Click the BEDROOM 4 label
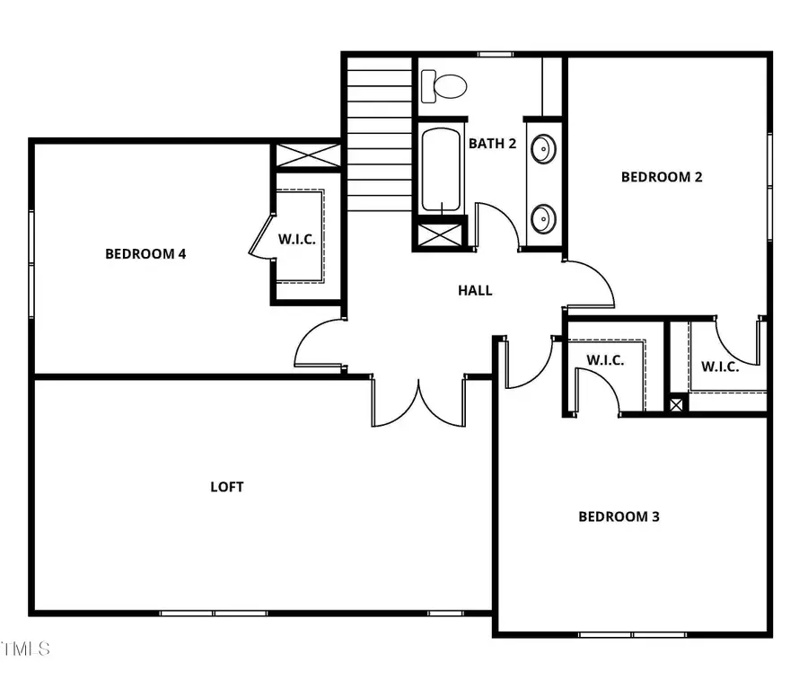click(x=145, y=253)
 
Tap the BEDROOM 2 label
click(x=662, y=177)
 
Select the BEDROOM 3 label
click(x=619, y=517)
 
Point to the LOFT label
click(x=227, y=487)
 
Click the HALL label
click(x=475, y=290)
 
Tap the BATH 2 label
click(x=492, y=143)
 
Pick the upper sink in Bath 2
click(x=543, y=148)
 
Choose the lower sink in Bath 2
click(x=543, y=218)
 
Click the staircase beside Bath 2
click(x=379, y=135)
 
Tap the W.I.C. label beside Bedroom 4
click(x=295, y=239)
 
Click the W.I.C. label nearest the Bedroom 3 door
click(x=605, y=360)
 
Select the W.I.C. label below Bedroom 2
click(x=720, y=366)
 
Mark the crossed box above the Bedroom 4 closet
click(x=306, y=155)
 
